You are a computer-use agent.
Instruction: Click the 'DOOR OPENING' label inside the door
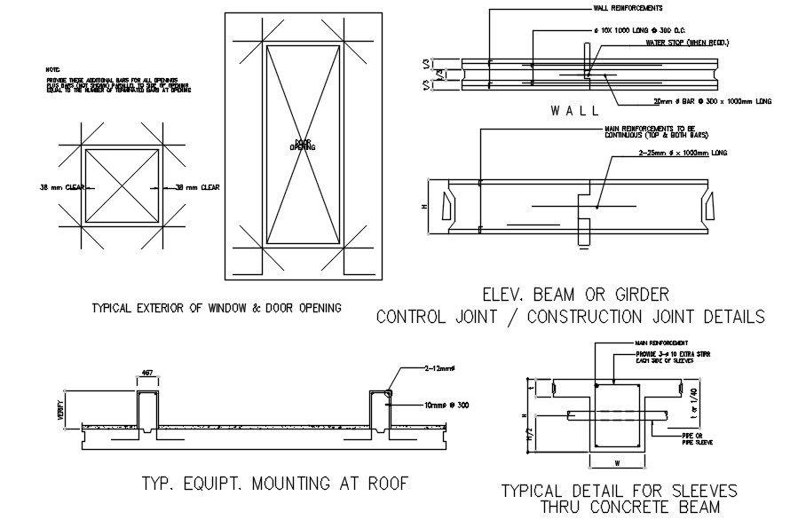(x=303, y=145)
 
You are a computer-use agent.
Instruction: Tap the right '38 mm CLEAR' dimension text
(x=194, y=187)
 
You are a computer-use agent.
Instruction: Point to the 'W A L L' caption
(x=574, y=111)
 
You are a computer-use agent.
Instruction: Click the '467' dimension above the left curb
(x=146, y=374)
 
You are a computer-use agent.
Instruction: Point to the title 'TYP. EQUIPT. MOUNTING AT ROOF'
(x=274, y=484)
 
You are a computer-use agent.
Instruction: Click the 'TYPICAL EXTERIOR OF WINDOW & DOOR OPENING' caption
(x=217, y=308)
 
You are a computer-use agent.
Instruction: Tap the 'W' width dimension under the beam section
(x=617, y=461)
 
